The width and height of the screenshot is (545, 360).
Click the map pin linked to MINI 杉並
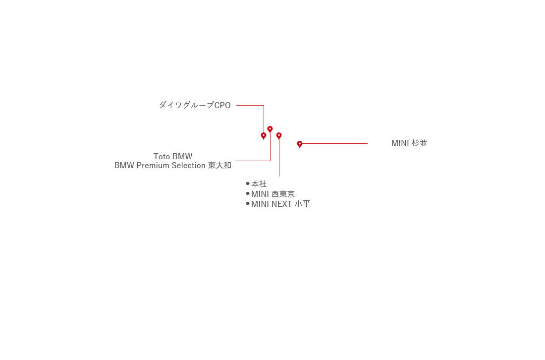(300, 144)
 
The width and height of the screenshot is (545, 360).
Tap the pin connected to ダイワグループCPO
(264, 136)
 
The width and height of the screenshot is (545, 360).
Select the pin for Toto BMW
(270, 129)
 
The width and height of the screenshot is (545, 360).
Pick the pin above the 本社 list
(279, 136)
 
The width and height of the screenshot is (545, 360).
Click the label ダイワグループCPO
(195, 105)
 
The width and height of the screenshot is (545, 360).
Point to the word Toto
(162, 156)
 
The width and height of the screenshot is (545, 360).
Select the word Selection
(189, 165)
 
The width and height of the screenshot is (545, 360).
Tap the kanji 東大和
(219, 165)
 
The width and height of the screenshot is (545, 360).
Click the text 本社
(259, 183)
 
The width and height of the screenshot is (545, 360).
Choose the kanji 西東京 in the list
(283, 194)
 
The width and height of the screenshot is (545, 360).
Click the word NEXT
(281, 204)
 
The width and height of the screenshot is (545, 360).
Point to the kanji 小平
(302, 204)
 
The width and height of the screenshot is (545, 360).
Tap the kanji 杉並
(419, 143)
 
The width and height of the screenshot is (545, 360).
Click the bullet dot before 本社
(248, 183)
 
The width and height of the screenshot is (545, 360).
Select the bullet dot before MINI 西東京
(248, 193)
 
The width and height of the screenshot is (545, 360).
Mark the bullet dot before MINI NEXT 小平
(248, 203)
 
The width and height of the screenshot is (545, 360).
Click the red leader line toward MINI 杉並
(335, 143)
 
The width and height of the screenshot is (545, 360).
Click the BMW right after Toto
(182, 156)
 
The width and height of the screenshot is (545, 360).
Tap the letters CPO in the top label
(222, 105)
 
